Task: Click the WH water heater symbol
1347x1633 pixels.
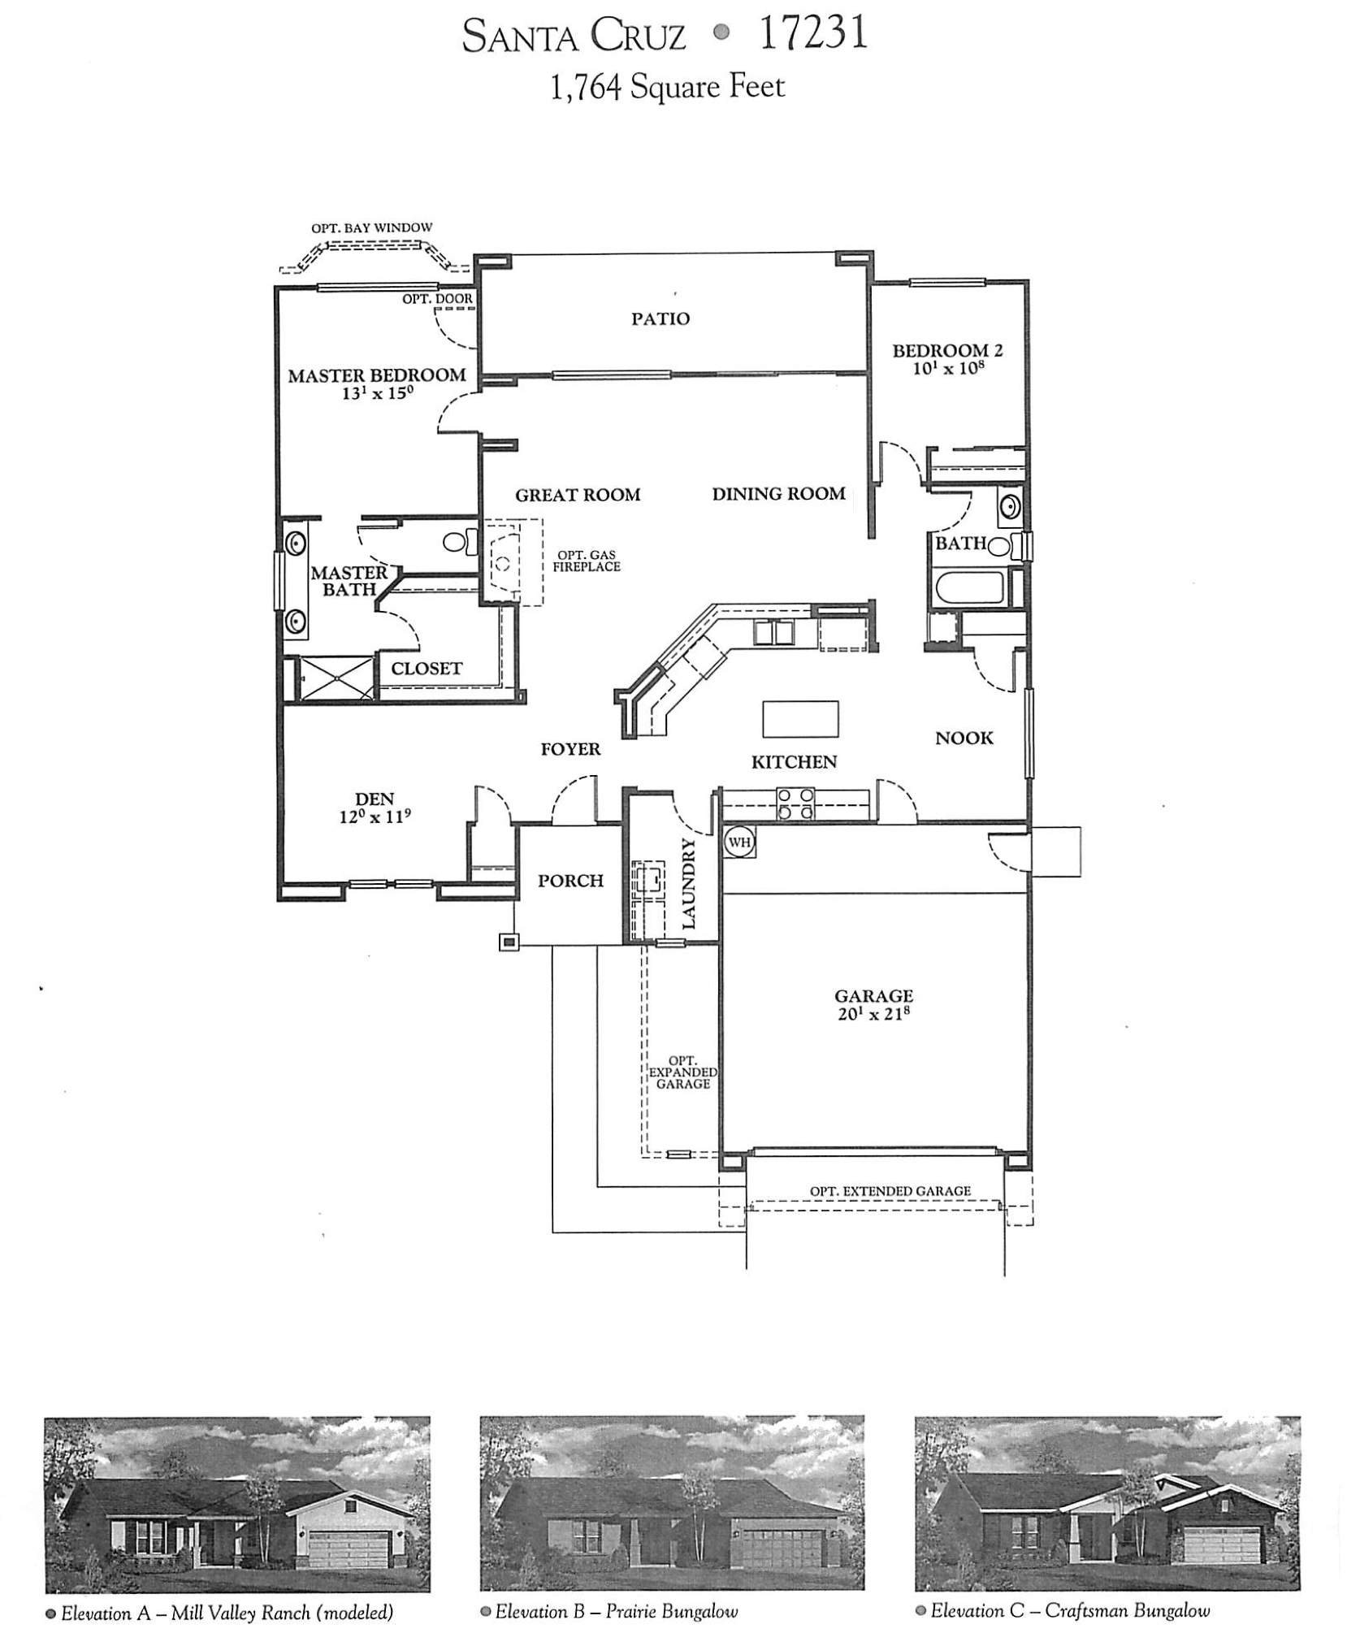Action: tap(738, 842)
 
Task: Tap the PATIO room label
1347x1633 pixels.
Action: tap(660, 318)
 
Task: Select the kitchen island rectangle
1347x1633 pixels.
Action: tap(799, 718)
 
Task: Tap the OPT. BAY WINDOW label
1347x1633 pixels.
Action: tap(371, 228)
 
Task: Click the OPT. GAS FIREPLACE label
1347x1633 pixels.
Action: tap(586, 561)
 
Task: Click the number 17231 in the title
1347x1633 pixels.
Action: tap(812, 34)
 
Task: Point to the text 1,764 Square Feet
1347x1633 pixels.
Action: tap(667, 87)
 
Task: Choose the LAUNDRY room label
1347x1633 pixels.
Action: tap(689, 883)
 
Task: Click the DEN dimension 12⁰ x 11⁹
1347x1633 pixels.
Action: tap(374, 816)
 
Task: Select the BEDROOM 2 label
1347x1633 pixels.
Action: tap(946, 350)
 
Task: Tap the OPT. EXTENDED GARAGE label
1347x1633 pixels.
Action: tap(890, 1191)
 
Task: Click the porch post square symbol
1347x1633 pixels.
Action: tap(509, 942)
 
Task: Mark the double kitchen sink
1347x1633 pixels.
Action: tap(776, 631)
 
